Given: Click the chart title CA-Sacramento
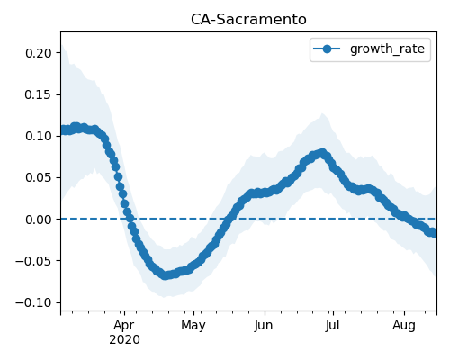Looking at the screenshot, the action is [x=248, y=20].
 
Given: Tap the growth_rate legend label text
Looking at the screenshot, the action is [x=387, y=49].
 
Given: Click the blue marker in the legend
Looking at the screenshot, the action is [x=327, y=49].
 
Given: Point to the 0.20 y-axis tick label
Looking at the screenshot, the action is [x=39, y=53].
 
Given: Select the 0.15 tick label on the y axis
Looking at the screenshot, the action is [x=39, y=94].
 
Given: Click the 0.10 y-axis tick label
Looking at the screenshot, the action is [x=39, y=136].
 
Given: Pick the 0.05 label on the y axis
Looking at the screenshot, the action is [x=39, y=177].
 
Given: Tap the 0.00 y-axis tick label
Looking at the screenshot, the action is [x=39, y=220].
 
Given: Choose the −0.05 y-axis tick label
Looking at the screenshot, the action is [x=33, y=261].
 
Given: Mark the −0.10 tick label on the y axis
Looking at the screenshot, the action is [x=33, y=302].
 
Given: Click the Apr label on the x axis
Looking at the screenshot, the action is [x=124, y=326].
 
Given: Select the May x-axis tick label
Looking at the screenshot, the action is [x=193, y=326].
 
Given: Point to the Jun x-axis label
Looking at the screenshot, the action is [x=264, y=325].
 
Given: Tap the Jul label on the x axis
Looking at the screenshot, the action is [x=332, y=325].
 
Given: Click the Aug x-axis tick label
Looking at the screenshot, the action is [x=404, y=326].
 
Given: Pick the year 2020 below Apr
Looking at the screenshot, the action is [x=124, y=340].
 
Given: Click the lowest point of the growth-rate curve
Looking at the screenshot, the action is [x=166, y=274].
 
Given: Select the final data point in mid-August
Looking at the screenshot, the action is [x=434, y=233].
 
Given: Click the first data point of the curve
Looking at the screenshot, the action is [x=63, y=130].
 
